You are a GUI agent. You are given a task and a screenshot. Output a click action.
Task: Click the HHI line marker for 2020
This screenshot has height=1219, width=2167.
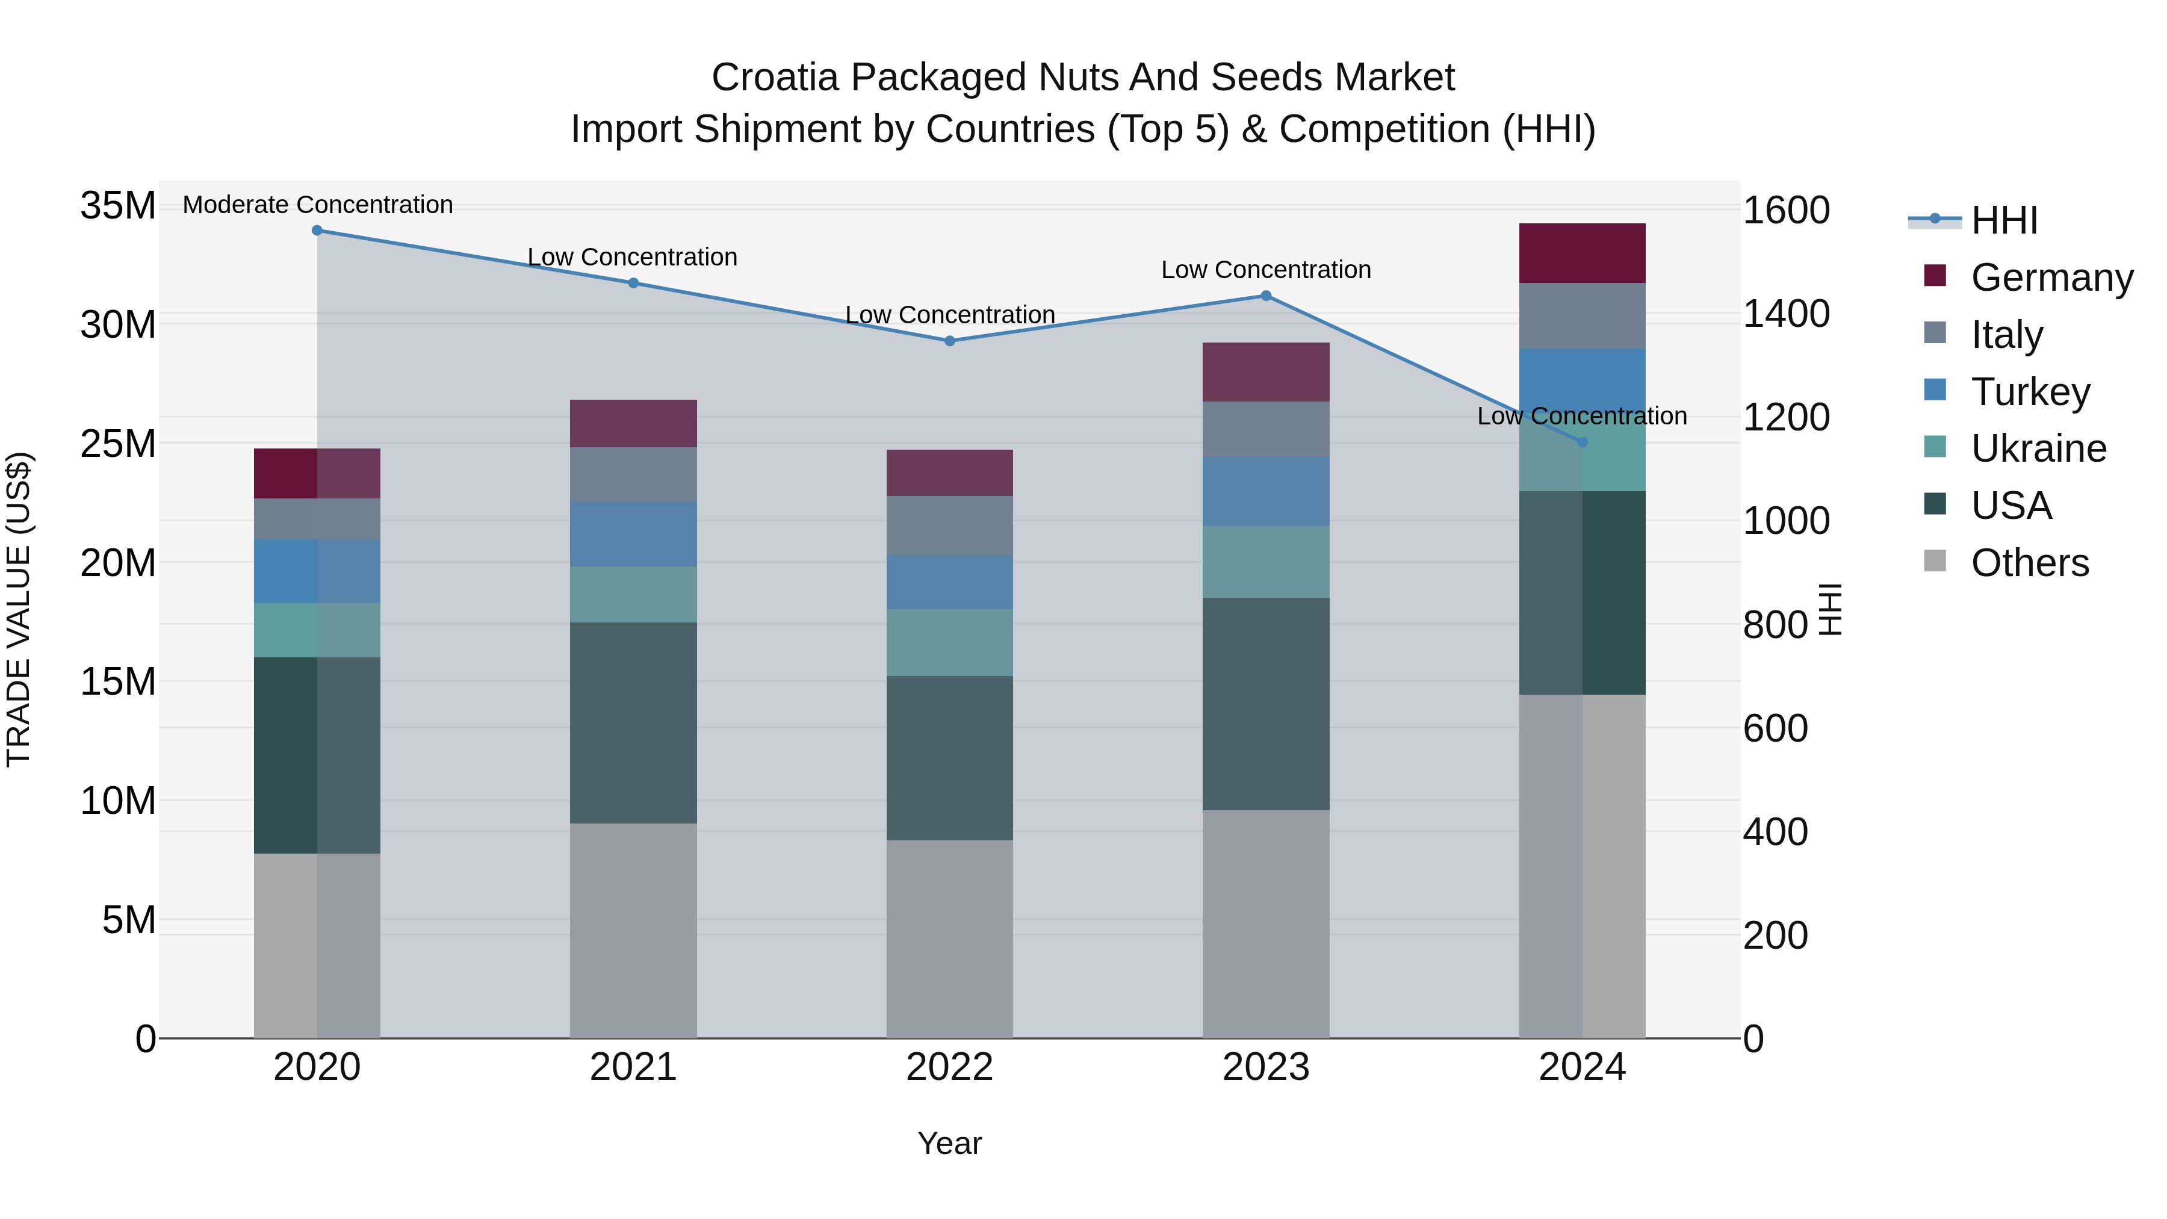coord(317,231)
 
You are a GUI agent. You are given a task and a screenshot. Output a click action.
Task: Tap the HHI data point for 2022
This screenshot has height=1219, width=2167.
coord(950,341)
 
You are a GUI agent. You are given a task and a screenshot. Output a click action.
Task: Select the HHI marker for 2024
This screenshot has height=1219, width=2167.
coord(1583,442)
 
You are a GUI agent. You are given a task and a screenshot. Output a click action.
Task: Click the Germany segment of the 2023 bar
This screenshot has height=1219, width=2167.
coord(1266,372)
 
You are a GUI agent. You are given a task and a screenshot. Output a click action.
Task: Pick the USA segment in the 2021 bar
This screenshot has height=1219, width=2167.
coord(633,722)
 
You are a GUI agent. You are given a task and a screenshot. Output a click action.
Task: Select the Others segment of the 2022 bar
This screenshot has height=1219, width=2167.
coord(950,939)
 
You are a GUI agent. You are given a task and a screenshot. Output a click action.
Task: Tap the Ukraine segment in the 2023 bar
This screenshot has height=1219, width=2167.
coord(1266,562)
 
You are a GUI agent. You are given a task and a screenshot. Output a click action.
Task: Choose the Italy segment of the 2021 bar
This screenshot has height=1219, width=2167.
coord(633,474)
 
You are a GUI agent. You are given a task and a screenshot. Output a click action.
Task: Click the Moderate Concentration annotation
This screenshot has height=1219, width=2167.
coord(318,205)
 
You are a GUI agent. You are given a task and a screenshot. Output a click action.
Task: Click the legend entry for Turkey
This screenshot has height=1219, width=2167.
coord(2030,392)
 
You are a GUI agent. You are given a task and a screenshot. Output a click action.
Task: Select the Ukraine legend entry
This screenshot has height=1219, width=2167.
coord(2038,448)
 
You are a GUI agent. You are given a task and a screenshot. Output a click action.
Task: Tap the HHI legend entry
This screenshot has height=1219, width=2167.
coord(2004,220)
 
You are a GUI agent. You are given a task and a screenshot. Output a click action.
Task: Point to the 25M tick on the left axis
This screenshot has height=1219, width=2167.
coord(118,443)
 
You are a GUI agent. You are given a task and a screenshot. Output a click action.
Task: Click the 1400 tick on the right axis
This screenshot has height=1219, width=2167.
coord(1786,314)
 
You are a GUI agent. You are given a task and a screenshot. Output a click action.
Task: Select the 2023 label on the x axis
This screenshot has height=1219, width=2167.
coord(1266,1067)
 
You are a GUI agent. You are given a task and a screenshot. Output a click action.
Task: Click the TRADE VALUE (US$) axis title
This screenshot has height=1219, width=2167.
coord(19,609)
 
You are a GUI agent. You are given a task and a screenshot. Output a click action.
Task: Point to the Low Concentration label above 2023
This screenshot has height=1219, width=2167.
coord(1266,270)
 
